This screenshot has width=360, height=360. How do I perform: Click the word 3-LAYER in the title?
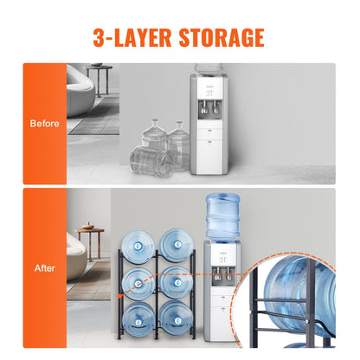coord(125,37)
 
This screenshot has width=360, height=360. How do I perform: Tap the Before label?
coord(44,123)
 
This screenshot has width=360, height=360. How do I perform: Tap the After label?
coord(44,268)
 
